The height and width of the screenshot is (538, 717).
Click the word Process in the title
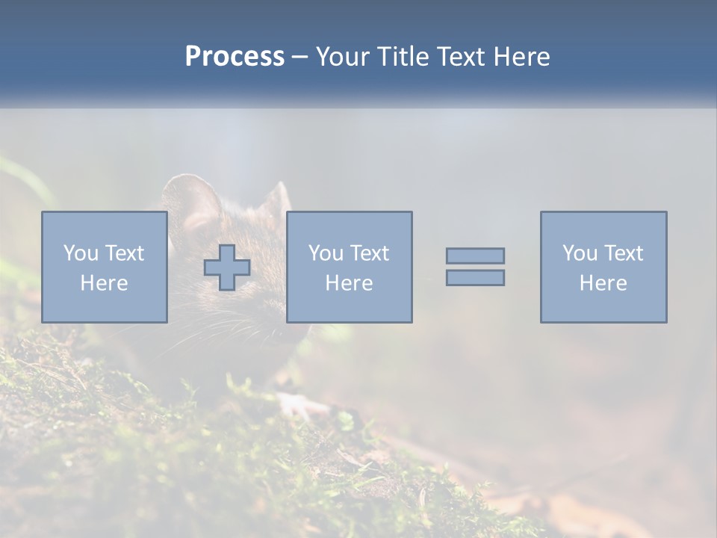(235, 57)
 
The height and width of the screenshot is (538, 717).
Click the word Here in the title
(520, 57)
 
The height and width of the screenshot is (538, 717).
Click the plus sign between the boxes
(227, 268)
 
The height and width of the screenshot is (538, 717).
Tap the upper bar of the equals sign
(475, 256)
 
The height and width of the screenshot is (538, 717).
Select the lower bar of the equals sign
(475, 277)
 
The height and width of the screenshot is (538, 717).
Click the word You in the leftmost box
(81, 253)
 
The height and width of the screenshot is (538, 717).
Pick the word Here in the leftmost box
(104, 283)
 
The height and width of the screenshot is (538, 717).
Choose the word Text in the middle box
(369, 253)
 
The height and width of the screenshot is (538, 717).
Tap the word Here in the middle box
(349, 283)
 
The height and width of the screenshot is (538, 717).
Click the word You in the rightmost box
(580, 253)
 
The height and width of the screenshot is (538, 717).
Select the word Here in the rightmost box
(603, 283)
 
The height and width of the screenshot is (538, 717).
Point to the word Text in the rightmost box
(623, 253)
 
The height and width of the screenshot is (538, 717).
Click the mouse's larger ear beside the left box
(190, 197)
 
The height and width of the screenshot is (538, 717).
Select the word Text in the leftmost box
(124, 253)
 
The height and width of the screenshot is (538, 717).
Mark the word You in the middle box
(326, 253)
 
